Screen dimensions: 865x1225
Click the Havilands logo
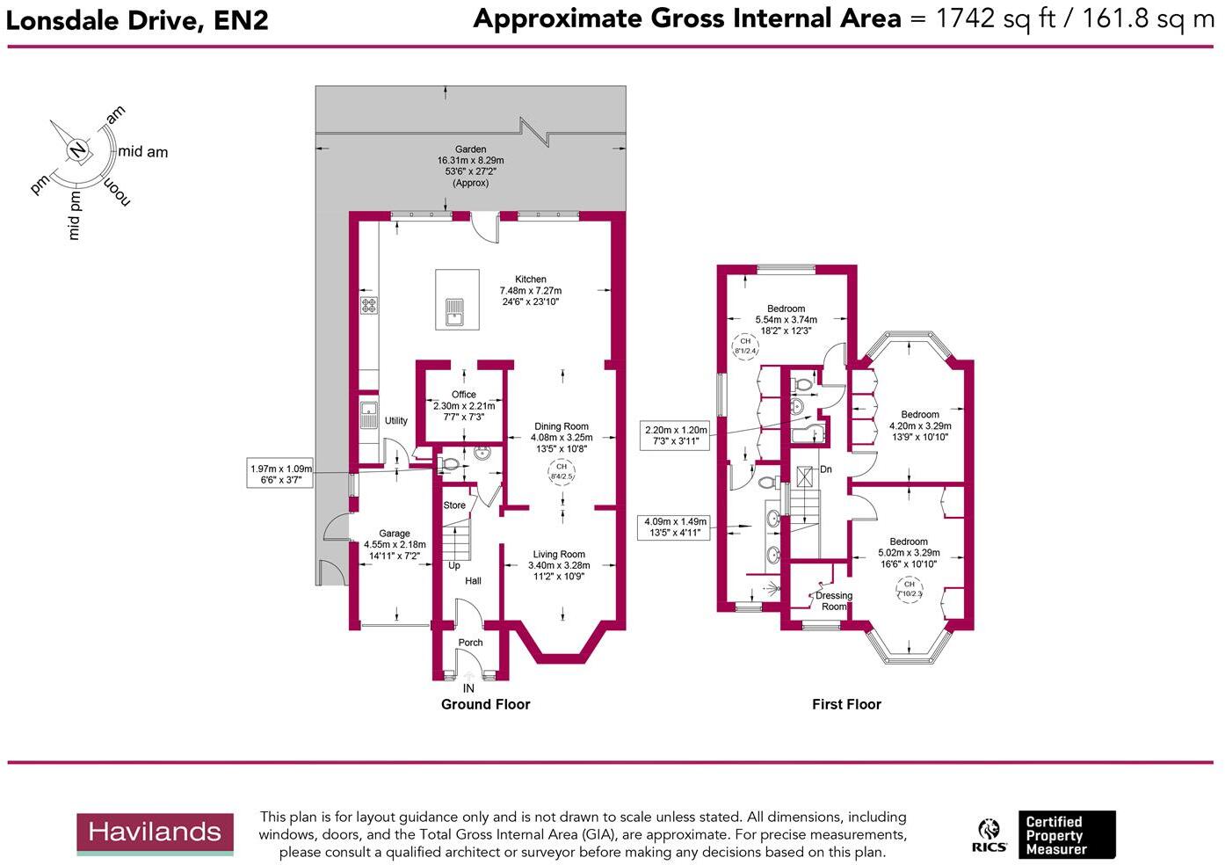click(x=155, y=833)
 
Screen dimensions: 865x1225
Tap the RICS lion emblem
click(x=989, y=835)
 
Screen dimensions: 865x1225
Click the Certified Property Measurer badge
click(x=1066, y=835)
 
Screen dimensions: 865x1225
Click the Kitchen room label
click(x=531, y=280)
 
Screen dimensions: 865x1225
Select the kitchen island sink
click(x=454, y=311)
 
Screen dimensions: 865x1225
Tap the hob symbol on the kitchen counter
click(x=368, y=305)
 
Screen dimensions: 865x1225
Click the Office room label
click(x=464, y=395)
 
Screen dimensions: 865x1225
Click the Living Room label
click(x=559, y=555)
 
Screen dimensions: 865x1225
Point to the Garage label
click(x=395, y=534)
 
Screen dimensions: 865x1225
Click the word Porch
click(x=471, y=643)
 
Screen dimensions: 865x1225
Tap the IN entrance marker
click(x=468, y=688)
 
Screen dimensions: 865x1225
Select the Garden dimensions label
click(x=470, y=166)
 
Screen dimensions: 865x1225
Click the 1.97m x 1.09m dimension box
click(x=281, y=475)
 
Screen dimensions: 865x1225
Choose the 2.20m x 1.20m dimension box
click(x=676, y=436)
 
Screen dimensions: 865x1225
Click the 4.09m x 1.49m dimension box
click(x=676, y=527)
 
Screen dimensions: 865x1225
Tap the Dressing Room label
click(x=834, y=601)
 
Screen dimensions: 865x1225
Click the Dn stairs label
click(x=826, y=469)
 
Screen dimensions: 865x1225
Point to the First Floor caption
click(x=846, y=704)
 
